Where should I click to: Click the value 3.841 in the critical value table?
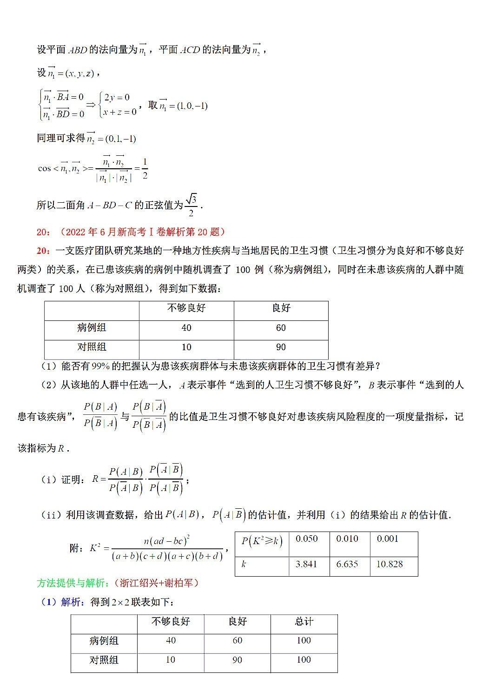coord(306,564)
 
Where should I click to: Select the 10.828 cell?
coord(390,564)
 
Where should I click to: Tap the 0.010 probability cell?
coord(347,539)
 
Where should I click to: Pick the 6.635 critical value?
coord(347,564)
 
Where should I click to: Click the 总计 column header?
coord(304,621)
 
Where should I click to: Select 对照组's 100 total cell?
coord(304,659)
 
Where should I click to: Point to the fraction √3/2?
coord(191,205)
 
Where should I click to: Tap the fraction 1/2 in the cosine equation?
coord(145,168)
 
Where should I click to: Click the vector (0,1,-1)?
coord(120,139)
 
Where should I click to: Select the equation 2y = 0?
coord(117,98)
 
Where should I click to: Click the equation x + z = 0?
coord(119,112)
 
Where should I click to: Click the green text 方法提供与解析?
coord(73,583)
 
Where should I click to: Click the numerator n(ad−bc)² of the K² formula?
coord(166,541)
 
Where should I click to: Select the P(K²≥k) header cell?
coord(262,541)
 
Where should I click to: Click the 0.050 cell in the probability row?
coord(307,539)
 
